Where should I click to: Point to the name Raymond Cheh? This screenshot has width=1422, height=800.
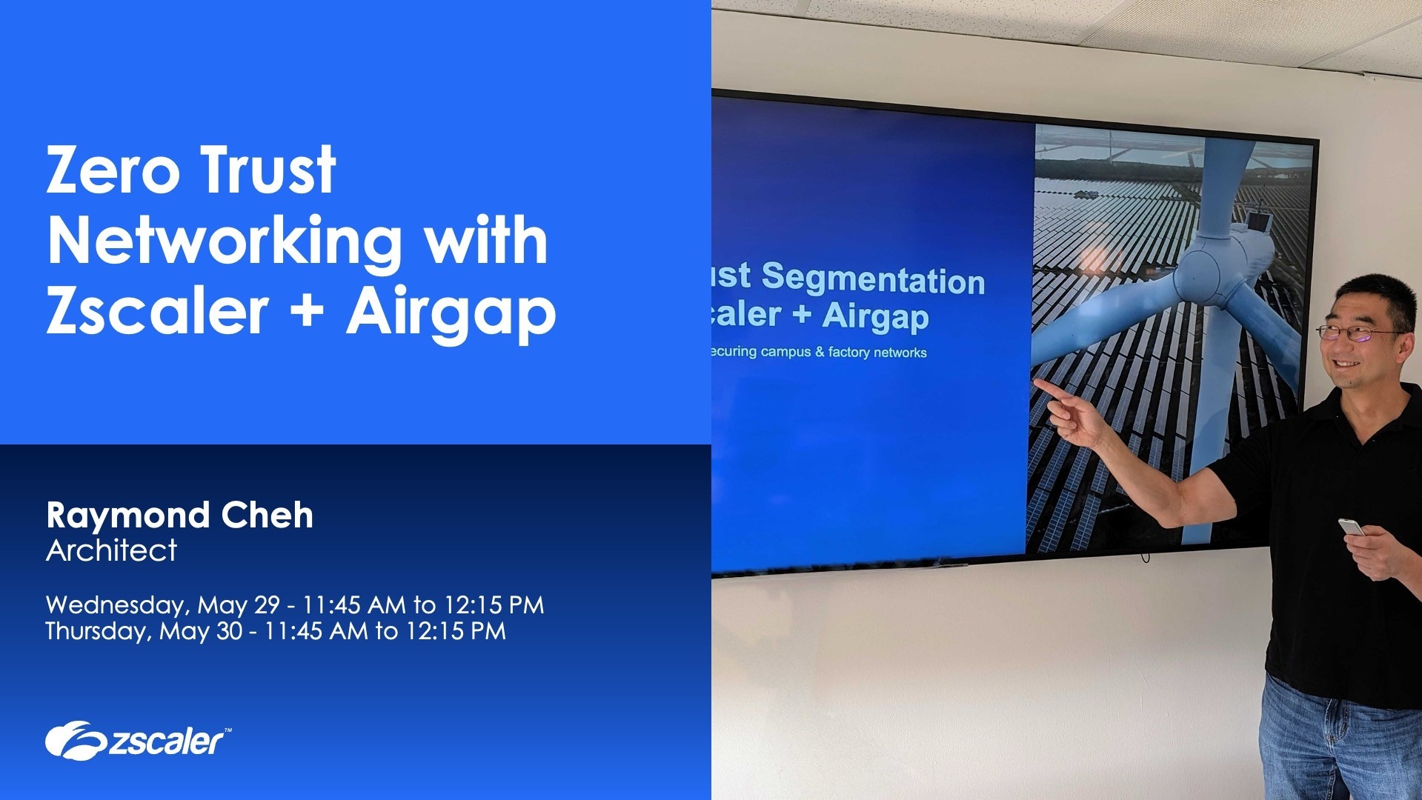point(179,516)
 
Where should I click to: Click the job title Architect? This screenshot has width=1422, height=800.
point(111,550)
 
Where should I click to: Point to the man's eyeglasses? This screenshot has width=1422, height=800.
point(1355,334)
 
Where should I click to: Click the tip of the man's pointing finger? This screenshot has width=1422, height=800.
point(1037,382)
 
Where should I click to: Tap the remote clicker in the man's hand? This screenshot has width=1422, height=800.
point(1350,527)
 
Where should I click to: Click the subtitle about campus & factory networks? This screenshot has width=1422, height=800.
point(818,352)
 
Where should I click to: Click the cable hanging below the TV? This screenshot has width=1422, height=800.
point(1146,555)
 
